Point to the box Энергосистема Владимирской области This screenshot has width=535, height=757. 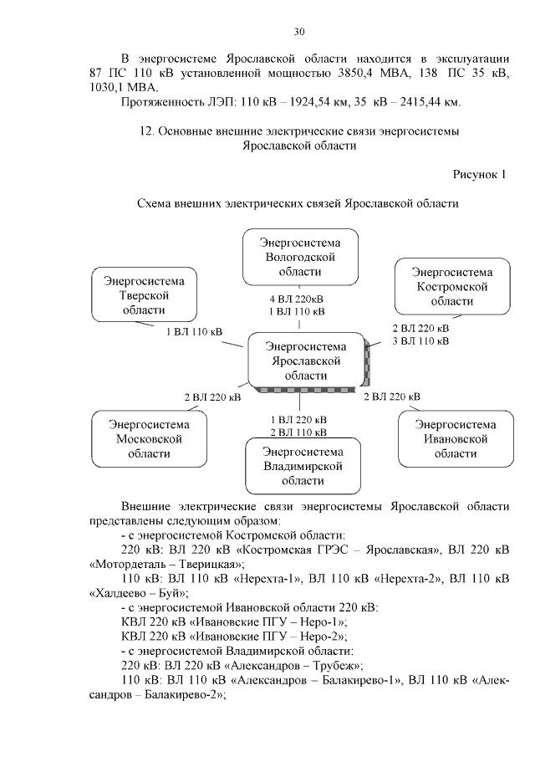[298, 466]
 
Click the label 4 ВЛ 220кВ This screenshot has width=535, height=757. [297, 299]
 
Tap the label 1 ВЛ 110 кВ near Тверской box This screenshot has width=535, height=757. [194, 332]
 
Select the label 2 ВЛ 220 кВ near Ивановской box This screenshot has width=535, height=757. [391, 396]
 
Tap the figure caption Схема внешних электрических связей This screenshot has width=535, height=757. [298, 203]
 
